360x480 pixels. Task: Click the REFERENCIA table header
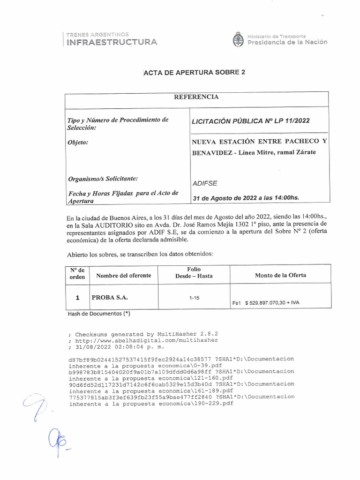tap(196, 97)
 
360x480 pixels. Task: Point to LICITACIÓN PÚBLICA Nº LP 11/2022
tap(250, 121)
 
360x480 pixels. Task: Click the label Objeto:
tap(78, 142)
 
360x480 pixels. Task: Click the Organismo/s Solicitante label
tap(103, 178)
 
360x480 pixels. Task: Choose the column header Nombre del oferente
tap(124, 276)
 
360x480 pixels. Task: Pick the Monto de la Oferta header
tap(280, 275)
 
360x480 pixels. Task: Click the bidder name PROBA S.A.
tap(110, 297)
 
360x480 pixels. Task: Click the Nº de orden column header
tap(77, 273)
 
